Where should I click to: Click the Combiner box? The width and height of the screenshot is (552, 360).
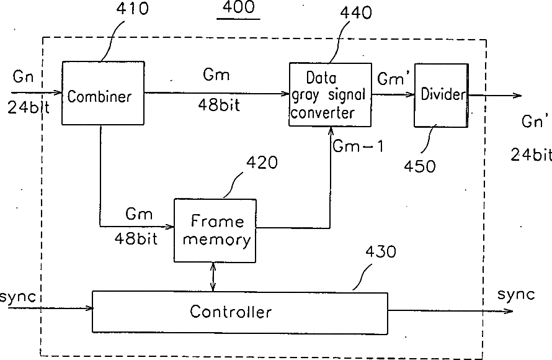click(x=103, y=93)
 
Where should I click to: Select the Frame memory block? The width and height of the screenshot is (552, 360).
click(x=215, y=230)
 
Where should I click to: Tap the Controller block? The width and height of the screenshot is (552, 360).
click(x=240, y=312)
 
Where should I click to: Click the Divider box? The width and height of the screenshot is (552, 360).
click(x=441, y=95)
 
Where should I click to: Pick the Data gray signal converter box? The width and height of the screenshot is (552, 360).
click(x=330, y=94)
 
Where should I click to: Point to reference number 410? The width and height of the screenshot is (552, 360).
click(x=132, y=9)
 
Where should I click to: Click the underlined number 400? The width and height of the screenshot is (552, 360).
click(x=238, y=7)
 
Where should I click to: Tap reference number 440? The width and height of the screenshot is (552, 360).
click(x=355, y=12)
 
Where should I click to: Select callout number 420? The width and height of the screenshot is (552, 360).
click(x=262, y=163)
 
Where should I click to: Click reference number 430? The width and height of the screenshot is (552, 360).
click(x=381, y=252)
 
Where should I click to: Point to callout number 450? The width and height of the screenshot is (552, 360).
click(x=420, y=166)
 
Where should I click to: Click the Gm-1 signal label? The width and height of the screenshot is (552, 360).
click(x=358, y=146)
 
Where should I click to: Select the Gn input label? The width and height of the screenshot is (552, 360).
click(x=23, y=76)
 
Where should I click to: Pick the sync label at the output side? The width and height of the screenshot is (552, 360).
click(x=516, y=294)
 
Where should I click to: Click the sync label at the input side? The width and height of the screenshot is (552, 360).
click(x=17, y=297)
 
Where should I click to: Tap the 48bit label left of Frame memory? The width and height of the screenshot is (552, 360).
click(x=136, y=239)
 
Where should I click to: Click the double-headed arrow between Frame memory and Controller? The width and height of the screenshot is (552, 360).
click(x=213, y=277)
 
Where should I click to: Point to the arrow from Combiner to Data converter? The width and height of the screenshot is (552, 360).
click(x=216, y=93)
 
